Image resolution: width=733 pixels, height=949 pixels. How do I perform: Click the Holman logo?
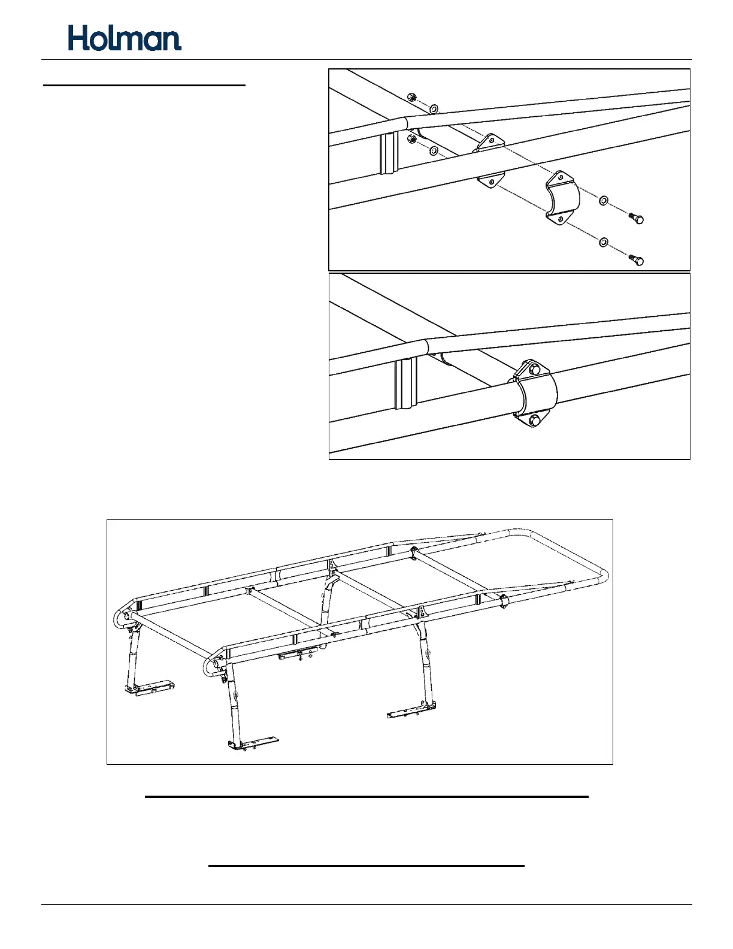coord(125,38)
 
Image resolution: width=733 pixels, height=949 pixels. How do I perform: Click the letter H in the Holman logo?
coord(79,38)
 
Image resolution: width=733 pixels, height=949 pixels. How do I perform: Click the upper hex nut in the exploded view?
coord(411,97)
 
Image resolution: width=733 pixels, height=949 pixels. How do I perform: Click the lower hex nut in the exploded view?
coord(411,140)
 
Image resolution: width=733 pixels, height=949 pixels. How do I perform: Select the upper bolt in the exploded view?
coord(637,218)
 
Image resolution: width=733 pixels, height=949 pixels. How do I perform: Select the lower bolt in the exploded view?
coord(637,259)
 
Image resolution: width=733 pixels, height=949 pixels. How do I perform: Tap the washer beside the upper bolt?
coord(604,200)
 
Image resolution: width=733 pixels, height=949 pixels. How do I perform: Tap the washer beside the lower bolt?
coord(604,242)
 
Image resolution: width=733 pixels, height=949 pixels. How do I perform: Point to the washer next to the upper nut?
coord(434,108)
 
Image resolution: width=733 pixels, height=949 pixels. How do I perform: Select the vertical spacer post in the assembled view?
coord(405,383)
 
